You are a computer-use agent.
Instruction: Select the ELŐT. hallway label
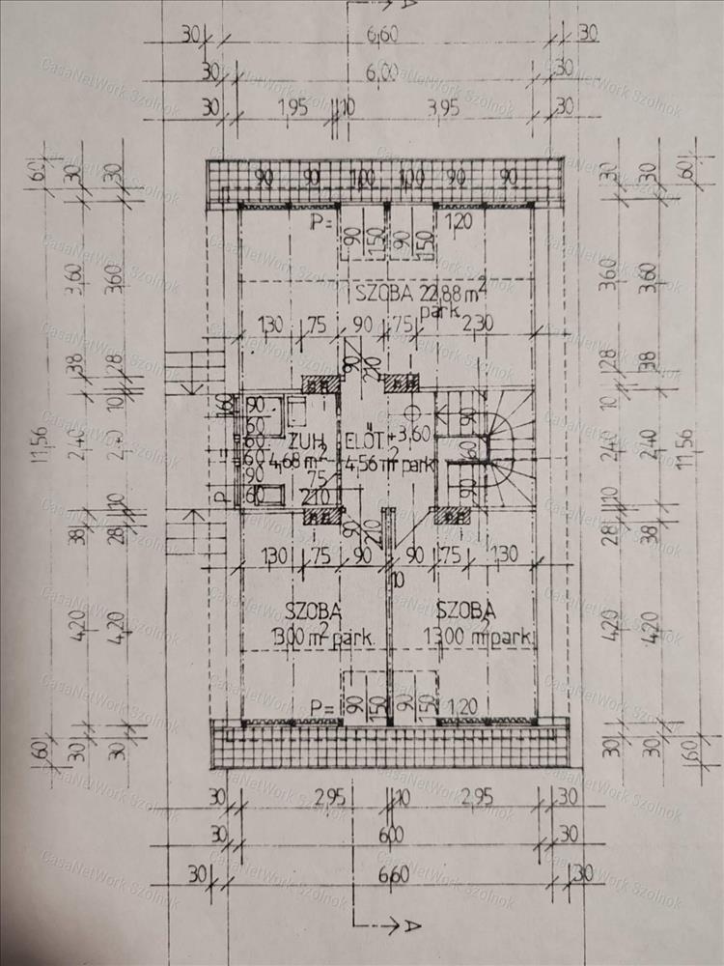tap(364, 444)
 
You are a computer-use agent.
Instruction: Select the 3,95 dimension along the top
tap(443, 105)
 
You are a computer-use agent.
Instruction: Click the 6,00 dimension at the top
tap(383, 71)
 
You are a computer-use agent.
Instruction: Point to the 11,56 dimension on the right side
tap(686, 464)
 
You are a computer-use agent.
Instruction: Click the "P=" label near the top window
tap(321, 224)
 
